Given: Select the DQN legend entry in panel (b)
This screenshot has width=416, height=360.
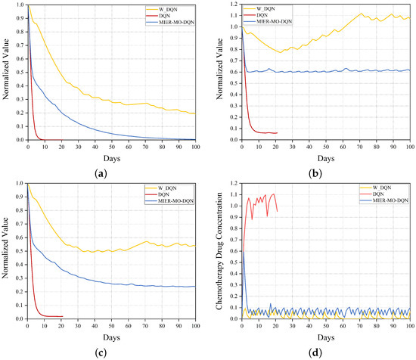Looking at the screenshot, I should click(384, 15).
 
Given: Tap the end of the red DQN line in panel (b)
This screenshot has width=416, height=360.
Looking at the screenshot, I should click(277, 132).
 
